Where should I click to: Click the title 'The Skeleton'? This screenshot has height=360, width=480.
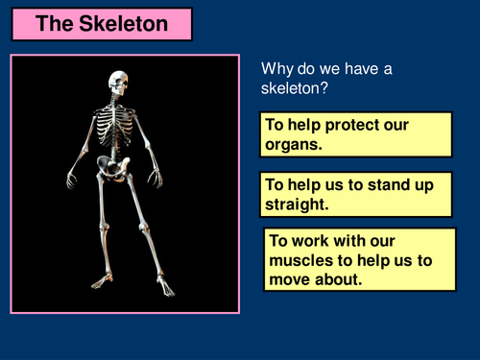click(100, 24)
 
